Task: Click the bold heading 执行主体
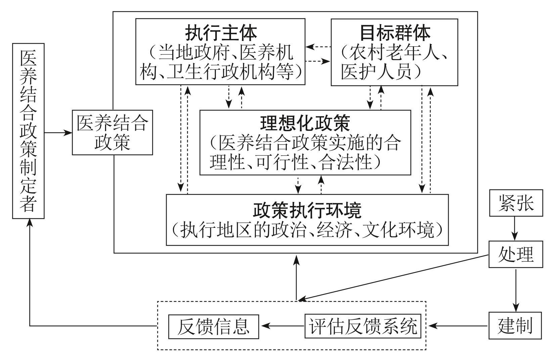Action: (x=221, y=33)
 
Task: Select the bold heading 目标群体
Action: (x=395, y=33)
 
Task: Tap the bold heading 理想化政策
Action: (x=305, y=123)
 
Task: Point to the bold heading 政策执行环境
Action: (x=307, y=210)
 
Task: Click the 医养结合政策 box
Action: (x=112, y=132)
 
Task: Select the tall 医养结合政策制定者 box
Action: (x=28, y=131)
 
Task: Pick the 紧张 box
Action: (x=516, y=203)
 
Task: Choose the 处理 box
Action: (x=516, y=254)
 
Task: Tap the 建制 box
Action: (x=515, y=325)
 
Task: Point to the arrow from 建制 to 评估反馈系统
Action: (x=458, y=325)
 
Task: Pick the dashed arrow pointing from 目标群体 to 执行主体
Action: (x=318, y=47)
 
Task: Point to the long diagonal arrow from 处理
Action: (x=393, y=277)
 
